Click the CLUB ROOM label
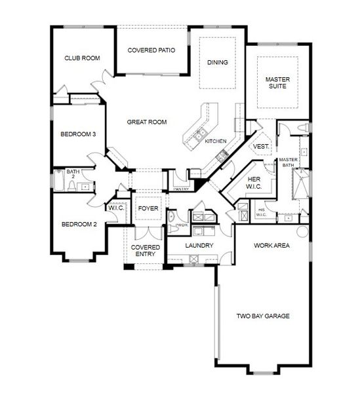pos(82,58)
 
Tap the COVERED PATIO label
pos(151,50)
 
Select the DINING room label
pos(218,63)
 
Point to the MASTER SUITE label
pos(277,83)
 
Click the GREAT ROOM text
pos(147,122)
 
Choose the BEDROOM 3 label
pos(79,134)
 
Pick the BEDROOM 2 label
pos(79,225)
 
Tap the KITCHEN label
pos(216,141)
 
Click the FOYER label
pos(148,209)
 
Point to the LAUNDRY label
pos(199,246)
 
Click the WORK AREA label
pos(272,246)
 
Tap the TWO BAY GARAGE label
pos(263,316)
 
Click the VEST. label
pos(261,147)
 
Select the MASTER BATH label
pos(289,162)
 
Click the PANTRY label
pos(182,189)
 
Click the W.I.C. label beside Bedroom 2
pos(116,208)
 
